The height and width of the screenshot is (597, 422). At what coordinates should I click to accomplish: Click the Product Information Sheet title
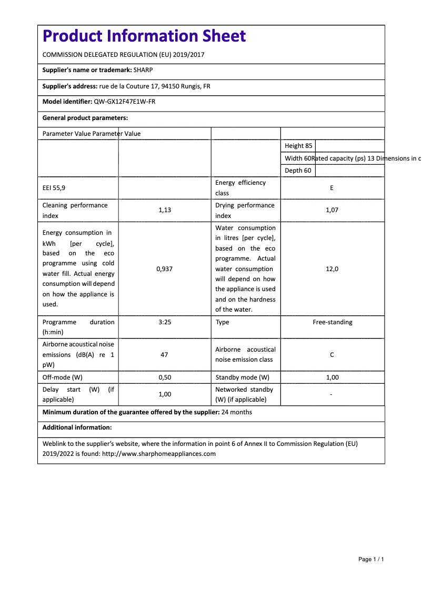coord(144,36)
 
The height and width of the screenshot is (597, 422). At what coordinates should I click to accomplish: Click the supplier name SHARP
coord(143,70)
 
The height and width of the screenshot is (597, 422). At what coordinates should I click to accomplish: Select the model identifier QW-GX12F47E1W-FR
coord(124,102)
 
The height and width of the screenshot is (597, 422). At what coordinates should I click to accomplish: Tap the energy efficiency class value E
coord(331,188)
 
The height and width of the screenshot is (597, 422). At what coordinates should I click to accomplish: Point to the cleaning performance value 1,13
coord(164,210)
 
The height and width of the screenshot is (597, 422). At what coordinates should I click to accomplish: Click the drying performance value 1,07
coord(331,210)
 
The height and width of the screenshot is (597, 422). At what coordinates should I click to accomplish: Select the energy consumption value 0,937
coord(164,269)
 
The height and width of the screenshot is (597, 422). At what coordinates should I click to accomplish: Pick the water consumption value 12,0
coord(331,269)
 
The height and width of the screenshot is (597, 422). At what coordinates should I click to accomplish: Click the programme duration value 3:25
coord(164,322)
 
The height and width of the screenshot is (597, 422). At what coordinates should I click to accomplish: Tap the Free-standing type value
coord(332,322)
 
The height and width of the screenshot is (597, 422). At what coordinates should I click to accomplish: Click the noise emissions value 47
coord(164,355)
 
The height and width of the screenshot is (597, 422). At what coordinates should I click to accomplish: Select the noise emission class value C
coord(331,355)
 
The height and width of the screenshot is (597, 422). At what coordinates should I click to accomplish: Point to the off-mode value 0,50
coord(164,377)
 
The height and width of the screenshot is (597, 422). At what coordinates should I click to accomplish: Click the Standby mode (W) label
coord(242,377)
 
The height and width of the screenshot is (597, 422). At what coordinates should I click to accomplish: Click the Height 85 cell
coord(298,146)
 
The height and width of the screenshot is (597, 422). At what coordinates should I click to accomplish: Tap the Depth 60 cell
coord(297,171)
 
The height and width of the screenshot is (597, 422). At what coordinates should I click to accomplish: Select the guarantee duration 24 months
coord(237,412)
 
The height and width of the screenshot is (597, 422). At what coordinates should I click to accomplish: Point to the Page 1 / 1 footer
coord(371,559)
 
